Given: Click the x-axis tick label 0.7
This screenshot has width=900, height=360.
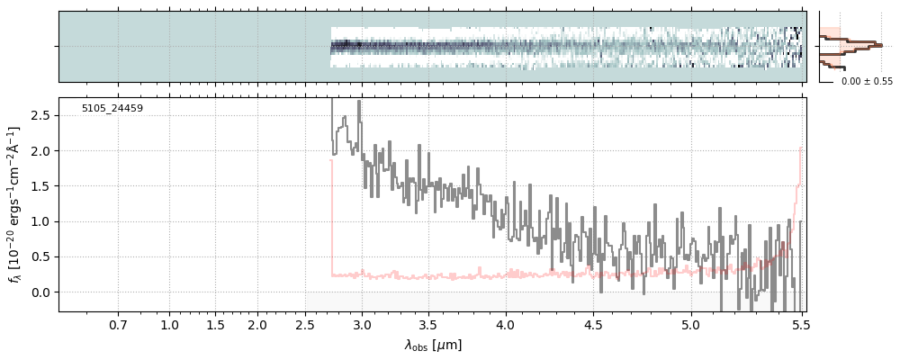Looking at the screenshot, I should pyautogui.click(x=118, y=324).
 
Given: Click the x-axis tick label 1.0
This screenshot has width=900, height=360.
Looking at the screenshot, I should pyautogui.click(x=169, y=324).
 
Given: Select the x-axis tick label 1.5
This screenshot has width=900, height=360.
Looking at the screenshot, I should pyautogui.click(x=215, y=324).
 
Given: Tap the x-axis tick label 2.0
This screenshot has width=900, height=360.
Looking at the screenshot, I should pyautogui.click(x=257, y=324).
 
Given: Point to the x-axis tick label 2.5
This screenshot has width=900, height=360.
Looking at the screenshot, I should pyautogui.click(x=307, y=324).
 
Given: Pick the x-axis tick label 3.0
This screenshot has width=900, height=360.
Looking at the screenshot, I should pyautogui.click(x=362, y=324).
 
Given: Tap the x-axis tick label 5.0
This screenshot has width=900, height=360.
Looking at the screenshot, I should pyautogui.click(x=691, y=324).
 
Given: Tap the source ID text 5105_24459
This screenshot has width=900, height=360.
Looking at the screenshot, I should pyautogui.click(x=112, y=109).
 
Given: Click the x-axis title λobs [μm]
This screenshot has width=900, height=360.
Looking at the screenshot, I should pyautogui.click(x=433, y=345).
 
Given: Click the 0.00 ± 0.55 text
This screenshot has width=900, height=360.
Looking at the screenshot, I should pyautogui.click(x=867, y=82).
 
